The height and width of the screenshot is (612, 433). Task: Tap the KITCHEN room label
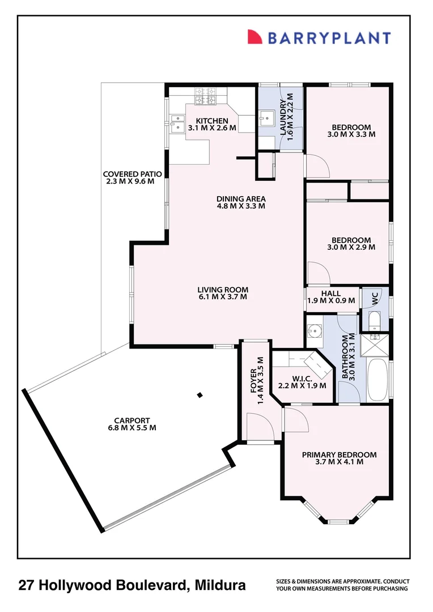coord(212,121)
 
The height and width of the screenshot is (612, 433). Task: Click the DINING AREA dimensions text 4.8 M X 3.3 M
coord(241,206)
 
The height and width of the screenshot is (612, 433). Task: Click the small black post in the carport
coord(199,396)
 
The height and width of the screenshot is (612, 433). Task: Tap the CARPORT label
coord(131,420)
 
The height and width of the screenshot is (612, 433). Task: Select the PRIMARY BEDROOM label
coord(339,454)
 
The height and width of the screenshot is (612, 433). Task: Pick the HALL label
coord(330,293)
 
